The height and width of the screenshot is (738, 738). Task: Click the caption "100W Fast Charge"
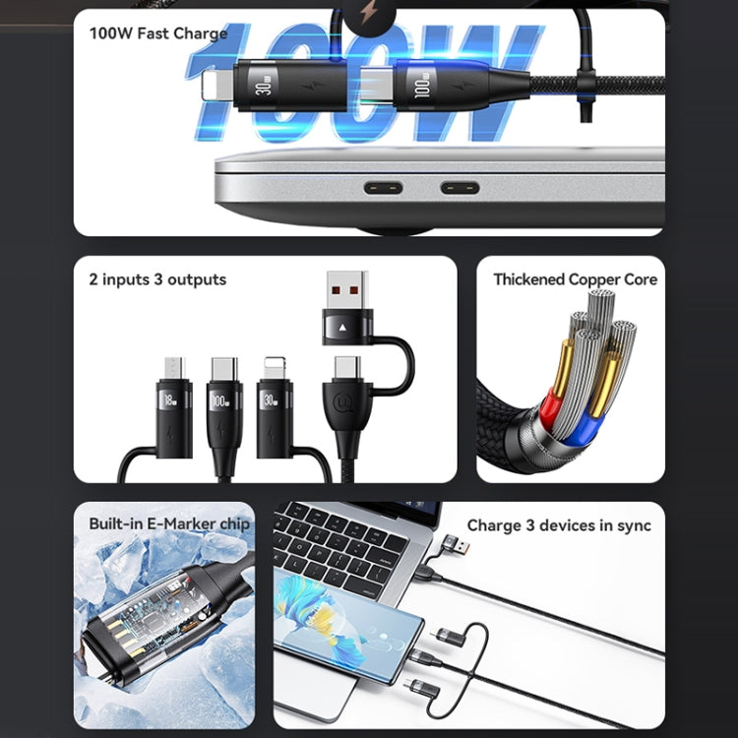coord(157,33)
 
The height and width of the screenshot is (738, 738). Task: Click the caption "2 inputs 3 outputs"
coord(157,279)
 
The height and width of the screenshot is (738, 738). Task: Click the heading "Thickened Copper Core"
coord(575,279)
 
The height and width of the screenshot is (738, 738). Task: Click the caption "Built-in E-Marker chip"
coord(168,523)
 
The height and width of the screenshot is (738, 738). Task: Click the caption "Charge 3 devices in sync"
coord(558,525)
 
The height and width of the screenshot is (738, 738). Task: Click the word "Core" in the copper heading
coord(639,279)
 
